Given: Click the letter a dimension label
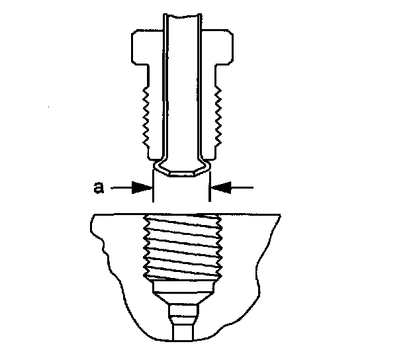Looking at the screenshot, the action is [97, 188].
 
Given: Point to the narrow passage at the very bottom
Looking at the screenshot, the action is [181, 327].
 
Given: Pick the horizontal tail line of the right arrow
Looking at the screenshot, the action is [242, 188].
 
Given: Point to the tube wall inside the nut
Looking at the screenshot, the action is [166, 93].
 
